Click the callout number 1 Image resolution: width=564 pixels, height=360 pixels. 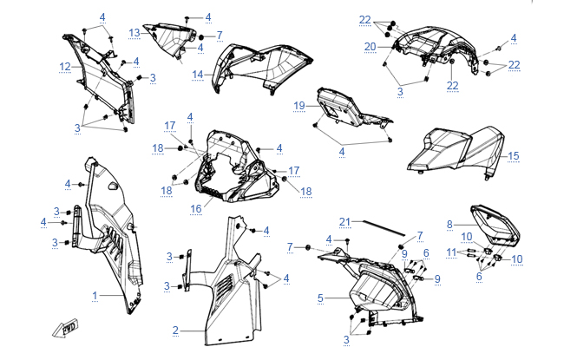(95, 296)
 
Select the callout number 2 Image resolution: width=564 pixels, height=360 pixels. (175, 330)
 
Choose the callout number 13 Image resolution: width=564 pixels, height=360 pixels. (134, 32)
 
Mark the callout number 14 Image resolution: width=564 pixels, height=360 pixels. (198, 75)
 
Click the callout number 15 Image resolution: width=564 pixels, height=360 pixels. (514, 156)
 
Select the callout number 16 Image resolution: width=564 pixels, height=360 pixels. (197, 208)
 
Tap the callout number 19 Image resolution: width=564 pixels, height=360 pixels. (298, 106)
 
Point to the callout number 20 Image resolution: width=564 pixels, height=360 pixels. (370, 46)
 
